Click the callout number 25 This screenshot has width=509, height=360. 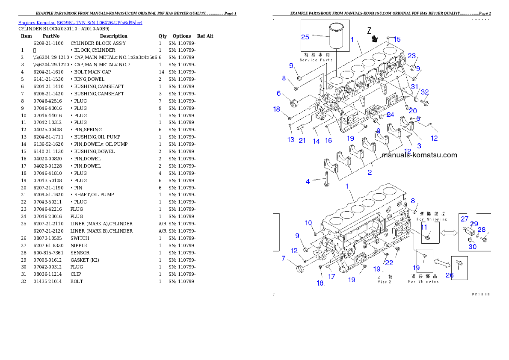pos(305,37)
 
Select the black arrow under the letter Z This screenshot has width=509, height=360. pos(375,39)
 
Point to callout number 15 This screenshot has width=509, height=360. pos(397,40)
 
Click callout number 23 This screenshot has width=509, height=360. pos(411,56)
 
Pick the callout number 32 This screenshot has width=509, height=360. pos(424,92)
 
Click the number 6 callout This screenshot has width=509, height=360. pos(278,93)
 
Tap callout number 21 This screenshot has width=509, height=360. pos(302,140)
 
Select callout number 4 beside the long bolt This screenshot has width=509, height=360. pos(308,182)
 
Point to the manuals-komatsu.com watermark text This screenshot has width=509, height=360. pos(419,155)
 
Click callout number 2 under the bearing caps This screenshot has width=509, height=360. pos(370,172)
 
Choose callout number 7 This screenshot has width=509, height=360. pos(283,258)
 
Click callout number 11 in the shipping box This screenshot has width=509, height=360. pos(424,227)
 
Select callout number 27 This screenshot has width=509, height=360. pos(465,219)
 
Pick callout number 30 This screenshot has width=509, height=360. pos(472,247)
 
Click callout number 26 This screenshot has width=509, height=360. pos(450,275)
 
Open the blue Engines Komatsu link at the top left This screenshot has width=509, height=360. pos(80,22)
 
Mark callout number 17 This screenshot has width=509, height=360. pos(331,277)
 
